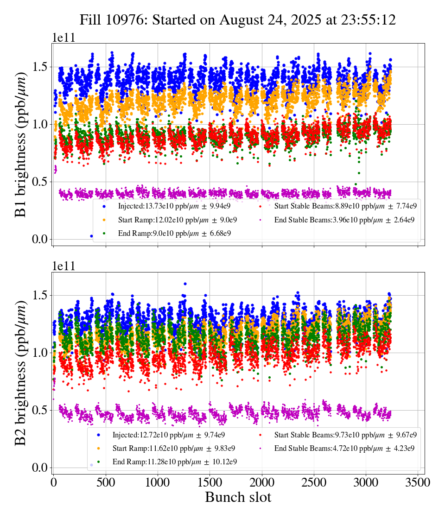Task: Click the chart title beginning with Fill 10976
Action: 237,20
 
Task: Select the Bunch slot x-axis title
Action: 238,497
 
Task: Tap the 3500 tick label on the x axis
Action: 418,483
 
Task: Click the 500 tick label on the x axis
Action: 106,483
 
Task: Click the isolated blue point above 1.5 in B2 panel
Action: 185,284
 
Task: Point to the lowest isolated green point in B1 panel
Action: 358,173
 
